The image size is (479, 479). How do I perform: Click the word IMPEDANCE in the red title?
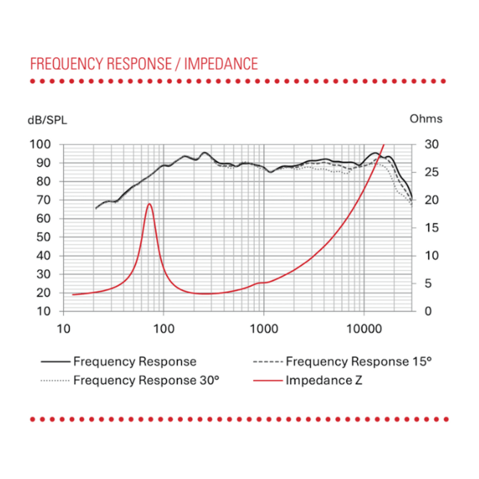221,64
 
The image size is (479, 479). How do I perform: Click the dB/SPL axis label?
47,120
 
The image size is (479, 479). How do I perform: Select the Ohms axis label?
426,119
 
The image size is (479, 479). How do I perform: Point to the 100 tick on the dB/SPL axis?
40,144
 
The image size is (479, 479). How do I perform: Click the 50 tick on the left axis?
43,237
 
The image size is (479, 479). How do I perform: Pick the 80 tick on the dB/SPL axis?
43,181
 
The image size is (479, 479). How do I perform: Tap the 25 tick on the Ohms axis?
431,172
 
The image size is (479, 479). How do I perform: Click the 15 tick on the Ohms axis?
431,228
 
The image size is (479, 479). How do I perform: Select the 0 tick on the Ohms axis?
428,311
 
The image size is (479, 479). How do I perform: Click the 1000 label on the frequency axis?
264,329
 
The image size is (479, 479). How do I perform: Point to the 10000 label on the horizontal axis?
364,329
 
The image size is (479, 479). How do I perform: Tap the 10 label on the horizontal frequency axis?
64,329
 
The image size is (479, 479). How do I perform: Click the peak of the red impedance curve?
149,204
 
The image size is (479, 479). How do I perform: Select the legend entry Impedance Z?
324,380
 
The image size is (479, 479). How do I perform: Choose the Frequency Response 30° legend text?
146,380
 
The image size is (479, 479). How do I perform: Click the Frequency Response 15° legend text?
358,361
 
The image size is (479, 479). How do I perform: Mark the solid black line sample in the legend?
55,361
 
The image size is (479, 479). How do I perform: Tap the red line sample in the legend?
268,380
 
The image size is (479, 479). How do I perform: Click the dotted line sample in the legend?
55,380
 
